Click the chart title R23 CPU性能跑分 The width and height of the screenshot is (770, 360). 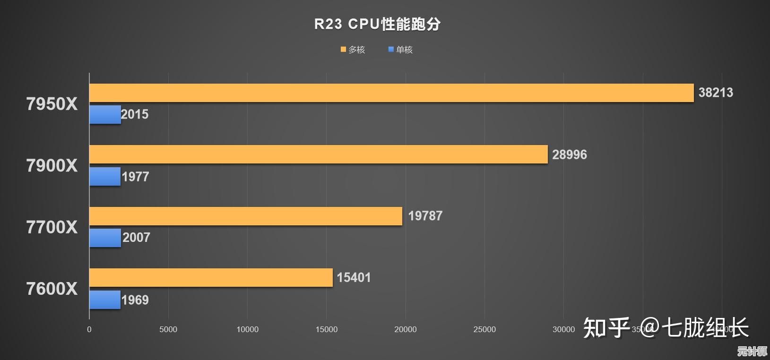[x=377, y=24]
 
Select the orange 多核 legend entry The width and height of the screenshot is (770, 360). [x=353, y=50]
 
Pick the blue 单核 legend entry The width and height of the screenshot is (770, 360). [x=400, y=50]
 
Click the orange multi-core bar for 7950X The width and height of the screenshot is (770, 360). [x=391, y=93]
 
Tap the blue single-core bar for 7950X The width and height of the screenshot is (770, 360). [x=105, y=115]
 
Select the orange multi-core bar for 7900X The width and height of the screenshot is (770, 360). [x=319, y=154]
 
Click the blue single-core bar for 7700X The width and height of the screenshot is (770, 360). [x=105, y=238]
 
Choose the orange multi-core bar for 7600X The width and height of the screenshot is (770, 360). [x=211, y=277]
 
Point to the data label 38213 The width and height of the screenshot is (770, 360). [x=716, y=93]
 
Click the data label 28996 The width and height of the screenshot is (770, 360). [x=570, y=154]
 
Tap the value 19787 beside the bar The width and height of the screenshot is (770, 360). [x=425, y=216]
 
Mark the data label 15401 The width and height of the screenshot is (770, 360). [x=354, y=277]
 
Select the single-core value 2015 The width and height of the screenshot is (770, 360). [x=135, y=114]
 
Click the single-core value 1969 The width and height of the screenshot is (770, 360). [x=135, y=300]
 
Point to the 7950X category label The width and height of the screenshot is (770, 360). [x=52, y=104]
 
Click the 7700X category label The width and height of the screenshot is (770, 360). [x=52, y=227]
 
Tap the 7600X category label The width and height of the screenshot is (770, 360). [x=52, y=289]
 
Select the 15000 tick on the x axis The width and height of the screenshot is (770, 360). [x=327, y=329]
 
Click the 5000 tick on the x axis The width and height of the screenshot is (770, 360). [x=168, y=329]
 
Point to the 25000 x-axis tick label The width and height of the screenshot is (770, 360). [x=484, y=329]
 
